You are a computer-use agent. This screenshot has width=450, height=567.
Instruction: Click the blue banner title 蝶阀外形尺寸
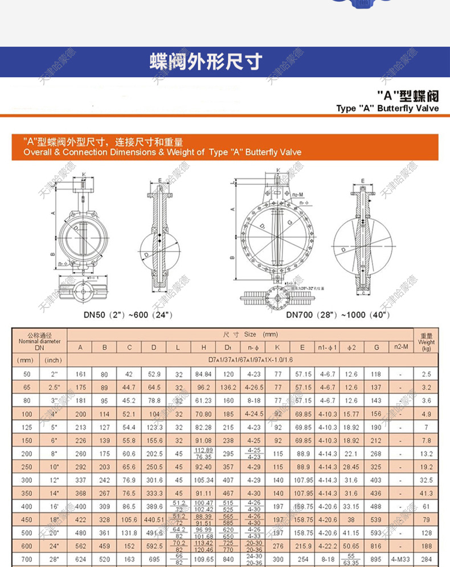tap(206, 61)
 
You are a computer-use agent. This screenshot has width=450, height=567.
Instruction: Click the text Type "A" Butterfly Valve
tap(387, 108)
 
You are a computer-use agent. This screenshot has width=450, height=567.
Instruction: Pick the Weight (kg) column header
tap(426, 342)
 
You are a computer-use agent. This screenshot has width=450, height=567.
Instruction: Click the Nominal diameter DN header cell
tap(39, 341)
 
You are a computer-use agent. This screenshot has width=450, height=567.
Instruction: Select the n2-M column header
tap(400, 347)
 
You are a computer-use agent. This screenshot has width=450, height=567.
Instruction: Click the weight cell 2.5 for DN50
tap(426, 374)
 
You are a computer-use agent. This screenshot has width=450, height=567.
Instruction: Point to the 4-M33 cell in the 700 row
tap(400, 559)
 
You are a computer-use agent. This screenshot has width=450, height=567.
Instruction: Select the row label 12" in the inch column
tap(54, 480)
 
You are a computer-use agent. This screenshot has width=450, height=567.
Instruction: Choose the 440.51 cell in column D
tap(154, 519)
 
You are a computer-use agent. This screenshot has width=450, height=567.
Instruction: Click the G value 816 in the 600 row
tap(376, 546)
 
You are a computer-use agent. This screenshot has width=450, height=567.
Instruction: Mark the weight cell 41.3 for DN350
tap(426, 494)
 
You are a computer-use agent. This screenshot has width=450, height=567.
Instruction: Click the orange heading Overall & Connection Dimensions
tap(162, 153)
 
